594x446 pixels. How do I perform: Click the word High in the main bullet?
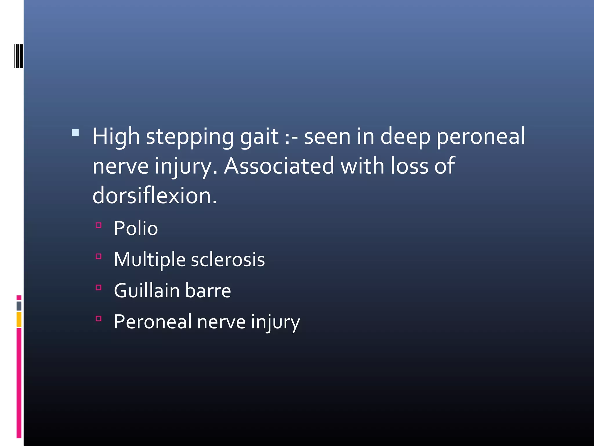click(x=116, y=136)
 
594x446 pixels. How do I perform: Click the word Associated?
click(x=279, y=166)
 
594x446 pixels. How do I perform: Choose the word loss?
click(x=409, y=166)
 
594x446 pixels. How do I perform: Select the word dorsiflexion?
click(x=155, y=196)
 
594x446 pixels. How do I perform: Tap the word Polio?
click(x=136, y=229)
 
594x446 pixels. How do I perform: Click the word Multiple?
click(x=149, y=260)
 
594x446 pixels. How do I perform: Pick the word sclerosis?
click(x=228, y=260)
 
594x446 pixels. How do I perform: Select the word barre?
click(x=208, y=291)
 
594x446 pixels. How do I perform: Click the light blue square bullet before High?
click(x=75, y=133)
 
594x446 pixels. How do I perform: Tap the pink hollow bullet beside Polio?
click(x=99, y=225)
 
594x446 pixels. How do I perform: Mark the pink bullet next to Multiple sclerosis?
click(x=99, y=256)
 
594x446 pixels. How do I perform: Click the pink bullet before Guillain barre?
click(x=99, y=287)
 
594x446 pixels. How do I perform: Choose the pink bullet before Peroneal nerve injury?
click(x=99, y=319)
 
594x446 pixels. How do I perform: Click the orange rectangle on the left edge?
click(x=19, y=319)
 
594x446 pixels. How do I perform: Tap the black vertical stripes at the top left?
click(x=19, y=56)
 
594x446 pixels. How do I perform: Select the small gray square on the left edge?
click(x=19, y=306)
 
